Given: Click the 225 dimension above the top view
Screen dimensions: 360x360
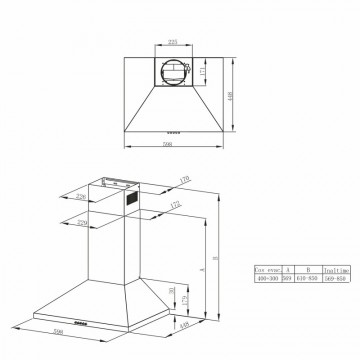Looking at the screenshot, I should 172,42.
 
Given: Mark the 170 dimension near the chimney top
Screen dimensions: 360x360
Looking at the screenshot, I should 186,180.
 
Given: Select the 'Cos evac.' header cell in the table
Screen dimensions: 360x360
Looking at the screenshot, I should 267,270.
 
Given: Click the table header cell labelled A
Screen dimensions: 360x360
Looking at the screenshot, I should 288,270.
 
